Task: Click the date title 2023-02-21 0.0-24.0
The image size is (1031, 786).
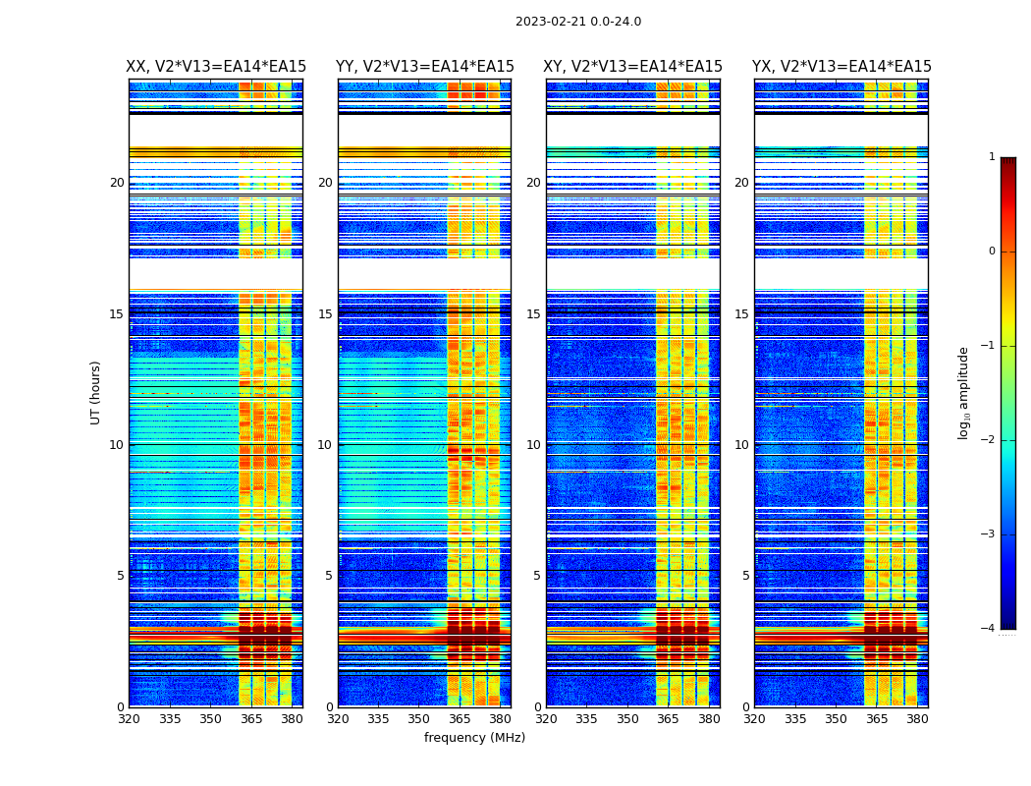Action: click(578, 22)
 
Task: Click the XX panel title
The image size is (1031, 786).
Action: click(216, 67)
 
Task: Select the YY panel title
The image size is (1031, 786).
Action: click(425, 67)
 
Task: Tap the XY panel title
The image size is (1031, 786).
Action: click(633, 67)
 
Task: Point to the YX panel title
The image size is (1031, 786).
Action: click(841, 67)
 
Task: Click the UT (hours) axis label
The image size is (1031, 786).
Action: click(96, 392)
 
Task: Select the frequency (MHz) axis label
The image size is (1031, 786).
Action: click(474, 738)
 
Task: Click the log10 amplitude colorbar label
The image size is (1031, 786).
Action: click(964, 392)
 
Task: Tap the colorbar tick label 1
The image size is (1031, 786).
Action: click(992, 157)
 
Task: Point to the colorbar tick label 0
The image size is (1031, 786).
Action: click(992, 252)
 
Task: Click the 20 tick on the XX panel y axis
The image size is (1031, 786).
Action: click(117, 183)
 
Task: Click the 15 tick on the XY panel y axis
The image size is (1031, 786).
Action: click(533, 314)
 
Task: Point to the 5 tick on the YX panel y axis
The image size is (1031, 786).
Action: click(745, 576)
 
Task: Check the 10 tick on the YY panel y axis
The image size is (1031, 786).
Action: click(325, 445)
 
